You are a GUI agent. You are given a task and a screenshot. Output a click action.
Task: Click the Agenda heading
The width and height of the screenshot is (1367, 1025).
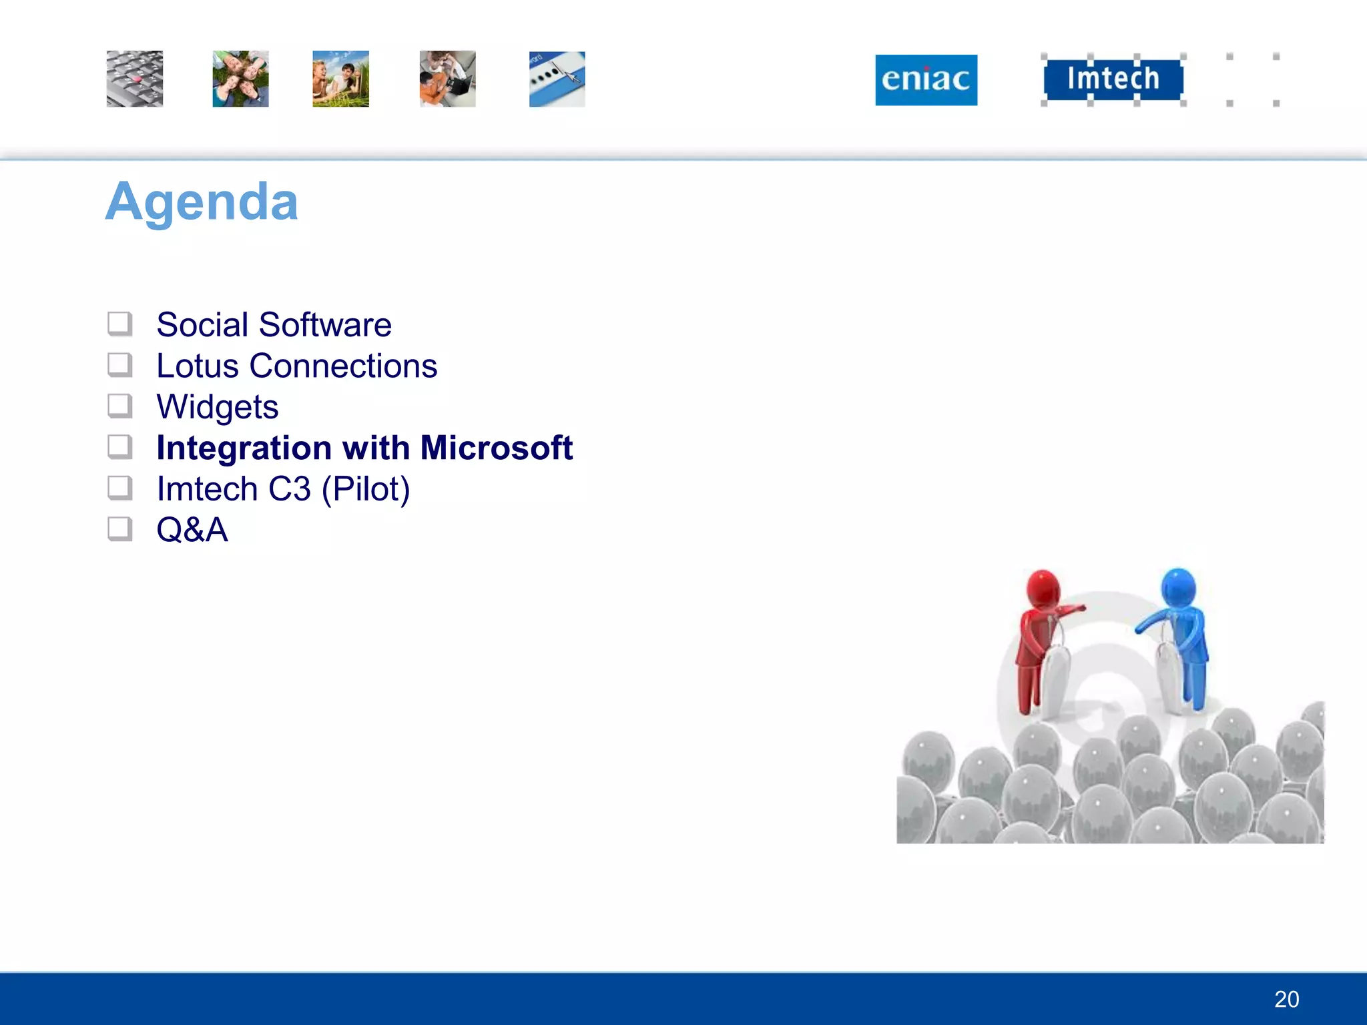click(202, 202)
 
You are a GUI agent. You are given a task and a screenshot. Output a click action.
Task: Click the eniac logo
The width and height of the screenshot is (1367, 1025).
click(926, 80)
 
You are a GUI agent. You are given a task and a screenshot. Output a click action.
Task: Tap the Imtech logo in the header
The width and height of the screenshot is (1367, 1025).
click(1113, 79)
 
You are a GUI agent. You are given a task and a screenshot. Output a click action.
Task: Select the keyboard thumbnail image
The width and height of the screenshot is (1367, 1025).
click(134, 79)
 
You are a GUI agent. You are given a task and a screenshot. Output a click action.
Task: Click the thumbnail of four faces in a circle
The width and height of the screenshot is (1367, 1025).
click(240, 79)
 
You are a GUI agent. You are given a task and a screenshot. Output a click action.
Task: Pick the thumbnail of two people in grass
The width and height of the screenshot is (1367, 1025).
click(340, 79)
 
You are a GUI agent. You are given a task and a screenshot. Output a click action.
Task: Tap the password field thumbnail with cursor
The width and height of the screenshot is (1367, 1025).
click(557, 79)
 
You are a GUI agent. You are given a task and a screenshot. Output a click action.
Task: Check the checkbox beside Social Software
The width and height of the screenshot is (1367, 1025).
click(120, 324)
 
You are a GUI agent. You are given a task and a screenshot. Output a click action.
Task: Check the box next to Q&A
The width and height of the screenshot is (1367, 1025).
click(120, 529)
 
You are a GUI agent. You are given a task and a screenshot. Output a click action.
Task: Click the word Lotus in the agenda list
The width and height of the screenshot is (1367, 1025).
click(197, 366)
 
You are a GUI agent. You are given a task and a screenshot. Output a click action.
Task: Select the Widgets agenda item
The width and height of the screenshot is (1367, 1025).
click(217, 407)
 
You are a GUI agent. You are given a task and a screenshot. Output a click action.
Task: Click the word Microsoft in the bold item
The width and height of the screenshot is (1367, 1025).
click(496, 448)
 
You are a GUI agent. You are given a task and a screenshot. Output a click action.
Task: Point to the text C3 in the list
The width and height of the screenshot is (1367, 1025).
click(289, 489)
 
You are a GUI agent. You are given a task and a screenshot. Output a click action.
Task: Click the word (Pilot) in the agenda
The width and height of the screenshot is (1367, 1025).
click(365, 489)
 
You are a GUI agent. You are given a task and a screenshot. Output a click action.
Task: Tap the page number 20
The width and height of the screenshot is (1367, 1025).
click(1286, 999)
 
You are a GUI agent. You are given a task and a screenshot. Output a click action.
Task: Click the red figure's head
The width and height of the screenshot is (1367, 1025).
click(1043, 588)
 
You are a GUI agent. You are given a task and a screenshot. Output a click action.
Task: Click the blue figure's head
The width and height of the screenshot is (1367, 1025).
click(1178, 586)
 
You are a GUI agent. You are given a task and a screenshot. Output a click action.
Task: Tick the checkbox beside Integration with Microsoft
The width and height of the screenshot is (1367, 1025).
click(120, 447)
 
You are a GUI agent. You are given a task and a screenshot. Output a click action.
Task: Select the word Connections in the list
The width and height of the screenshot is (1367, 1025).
click(343, 366)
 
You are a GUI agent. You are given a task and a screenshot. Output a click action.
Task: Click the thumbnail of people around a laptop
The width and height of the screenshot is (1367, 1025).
click(447, 79)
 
